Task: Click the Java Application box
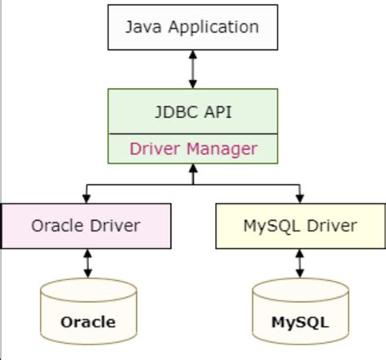(x=192, y=28)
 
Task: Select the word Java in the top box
(x=142, y=27)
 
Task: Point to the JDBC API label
(x=193, y=112)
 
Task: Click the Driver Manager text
(x=193, y=148)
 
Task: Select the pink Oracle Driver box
(x=86, y=226)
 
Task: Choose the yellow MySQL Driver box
(x=300, y=226)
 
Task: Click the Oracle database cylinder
(x=87, y=314)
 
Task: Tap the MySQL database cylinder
(x=300, y=314)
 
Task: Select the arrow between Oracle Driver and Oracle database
(x=87, y=263)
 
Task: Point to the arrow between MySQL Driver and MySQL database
(x=300, y=263)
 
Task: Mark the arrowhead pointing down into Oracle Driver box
(x=87, y=198)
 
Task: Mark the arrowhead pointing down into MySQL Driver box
(x=300, y=198)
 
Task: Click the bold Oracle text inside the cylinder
(x=87, y=322)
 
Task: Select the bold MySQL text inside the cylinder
(x=300, y=322)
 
